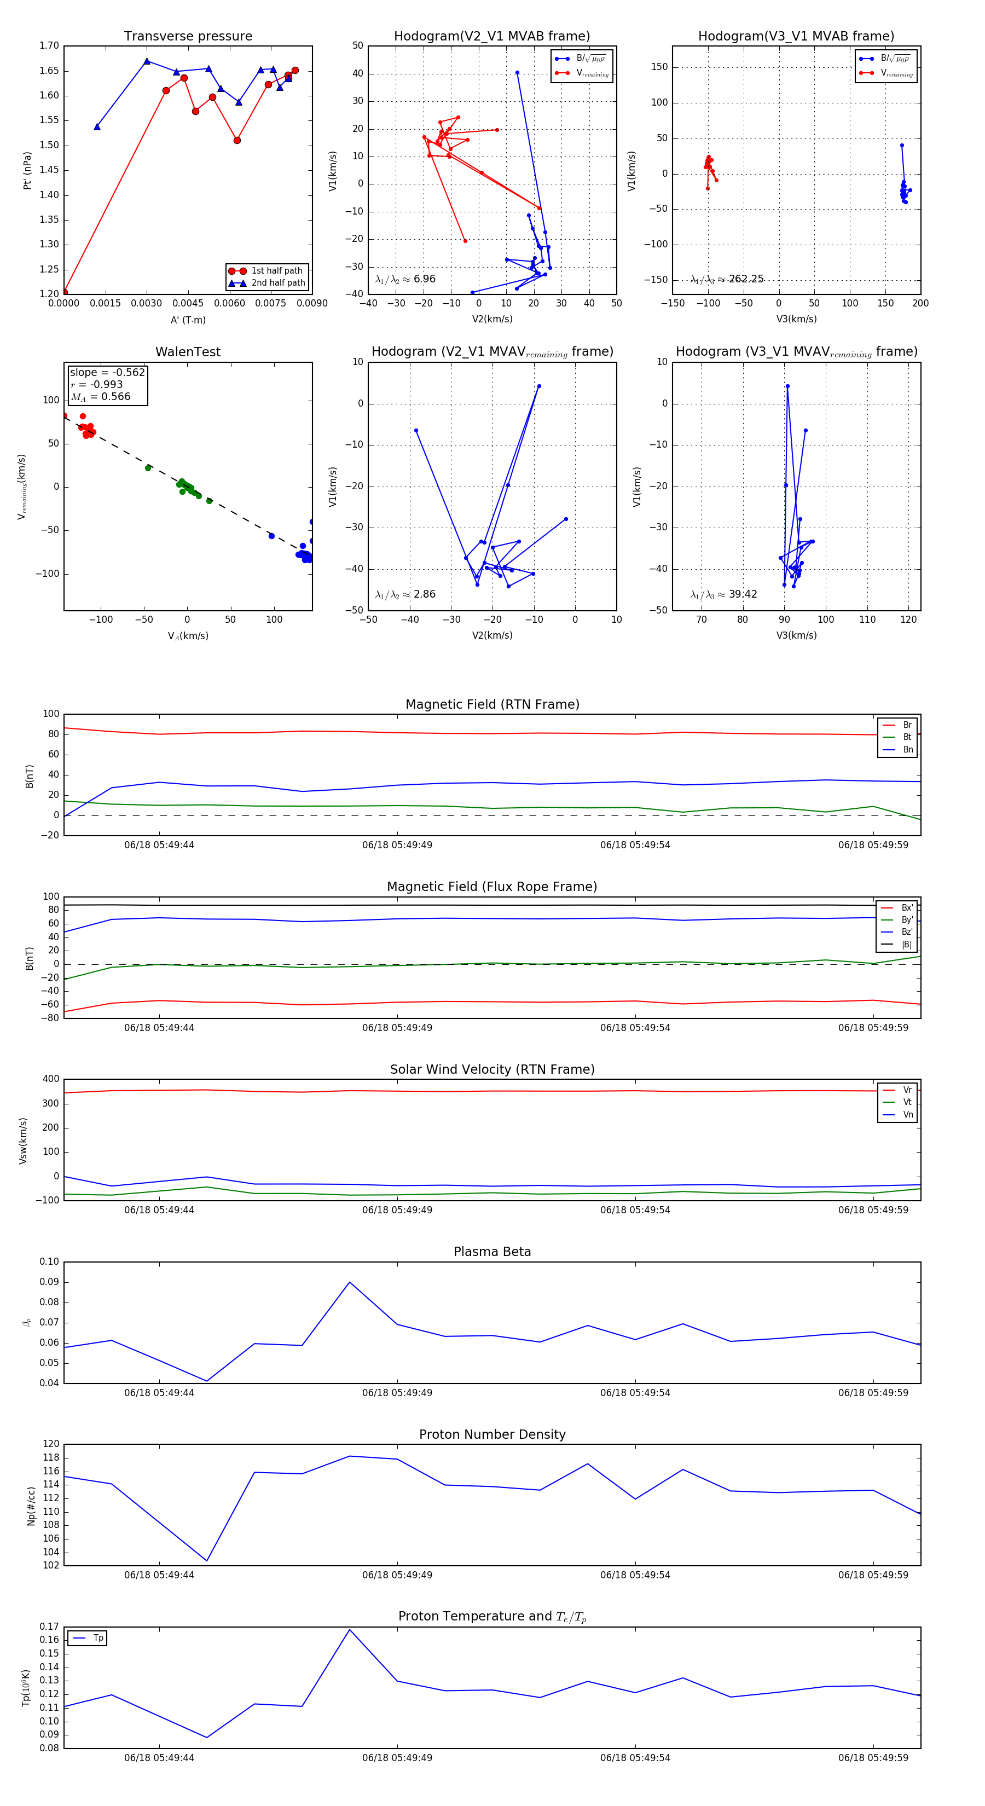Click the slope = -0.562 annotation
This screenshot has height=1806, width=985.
[x=107, y=372]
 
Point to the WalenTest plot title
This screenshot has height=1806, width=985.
[x=188, y=352]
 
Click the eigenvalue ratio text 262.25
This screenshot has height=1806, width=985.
[x=746, y=279]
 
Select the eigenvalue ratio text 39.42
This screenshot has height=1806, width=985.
[x=743, y=594]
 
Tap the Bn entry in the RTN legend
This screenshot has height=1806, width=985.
[x=907, y=749]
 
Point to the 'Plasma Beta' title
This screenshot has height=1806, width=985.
[x=492, y=1252]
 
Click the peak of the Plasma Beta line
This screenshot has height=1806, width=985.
[x=350, y=1282]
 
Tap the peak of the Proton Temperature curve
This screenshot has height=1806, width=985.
[x=350, y=1629]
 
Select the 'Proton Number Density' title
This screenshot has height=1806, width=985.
[x=492, y=1434]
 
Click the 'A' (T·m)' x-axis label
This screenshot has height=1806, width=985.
[x=188, y=320]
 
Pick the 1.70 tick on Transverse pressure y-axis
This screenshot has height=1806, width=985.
[x=49, y=47]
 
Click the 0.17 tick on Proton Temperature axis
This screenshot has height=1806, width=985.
[x=49, y=1626]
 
